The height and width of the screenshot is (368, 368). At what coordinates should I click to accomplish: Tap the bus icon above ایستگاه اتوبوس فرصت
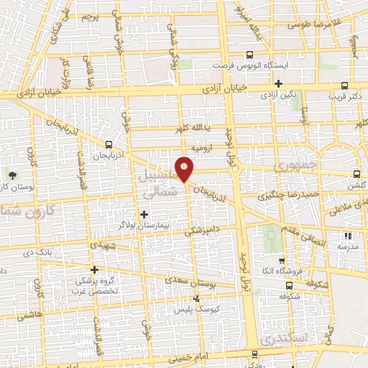pos(249,55)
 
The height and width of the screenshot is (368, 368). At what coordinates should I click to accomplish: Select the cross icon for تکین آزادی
pos(278,83)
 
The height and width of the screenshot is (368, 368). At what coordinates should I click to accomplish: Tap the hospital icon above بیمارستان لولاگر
pos(143,213)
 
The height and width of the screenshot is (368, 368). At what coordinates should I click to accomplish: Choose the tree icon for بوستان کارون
pos(11,175)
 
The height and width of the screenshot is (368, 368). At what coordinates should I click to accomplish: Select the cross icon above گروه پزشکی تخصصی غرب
pos(94,270)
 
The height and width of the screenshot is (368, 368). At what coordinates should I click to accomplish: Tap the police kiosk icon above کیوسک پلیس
pos(196,298)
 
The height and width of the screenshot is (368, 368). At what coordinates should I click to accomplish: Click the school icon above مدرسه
pos(349,235)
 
